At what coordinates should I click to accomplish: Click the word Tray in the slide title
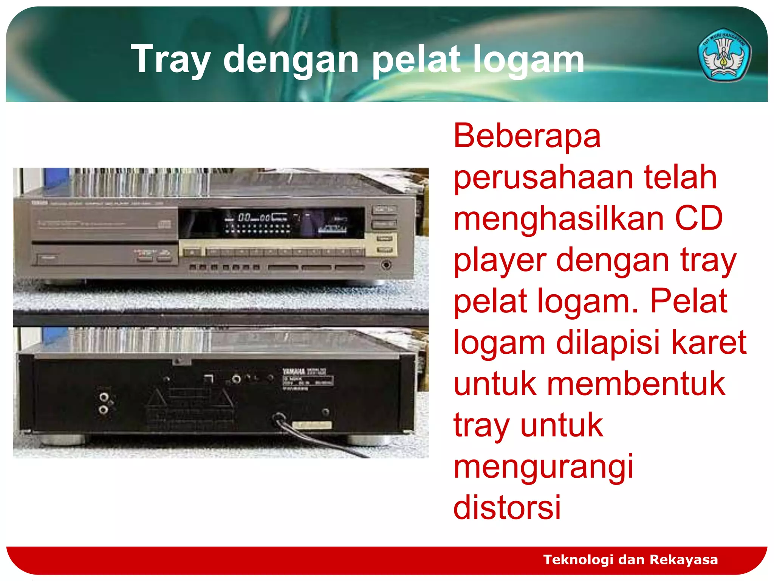pyautogui.click(x=170, y=60)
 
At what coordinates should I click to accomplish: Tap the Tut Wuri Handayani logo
pyautogui.click(x=724, y=55)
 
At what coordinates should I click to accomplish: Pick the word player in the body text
pyautogui.click(x=500, y=261)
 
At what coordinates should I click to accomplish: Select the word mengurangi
pyautogui.click(x=543, y=468)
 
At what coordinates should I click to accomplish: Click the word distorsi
pyautogui.click(x=507, y=507)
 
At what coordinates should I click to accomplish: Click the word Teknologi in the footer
pyautogui.click(x=578, y=559)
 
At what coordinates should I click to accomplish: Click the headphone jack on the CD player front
pyautogui.click(x=386, y=265)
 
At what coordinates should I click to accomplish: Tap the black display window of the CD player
pyautogui.click(x=271, y=223)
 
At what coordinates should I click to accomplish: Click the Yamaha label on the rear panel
pyautogui.click(x=294, y=371)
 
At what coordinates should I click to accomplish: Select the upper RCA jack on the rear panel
pyautogui.click(x=104, y=397)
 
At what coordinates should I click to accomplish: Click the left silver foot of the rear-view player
pyautogui.click(x=62, y=439)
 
